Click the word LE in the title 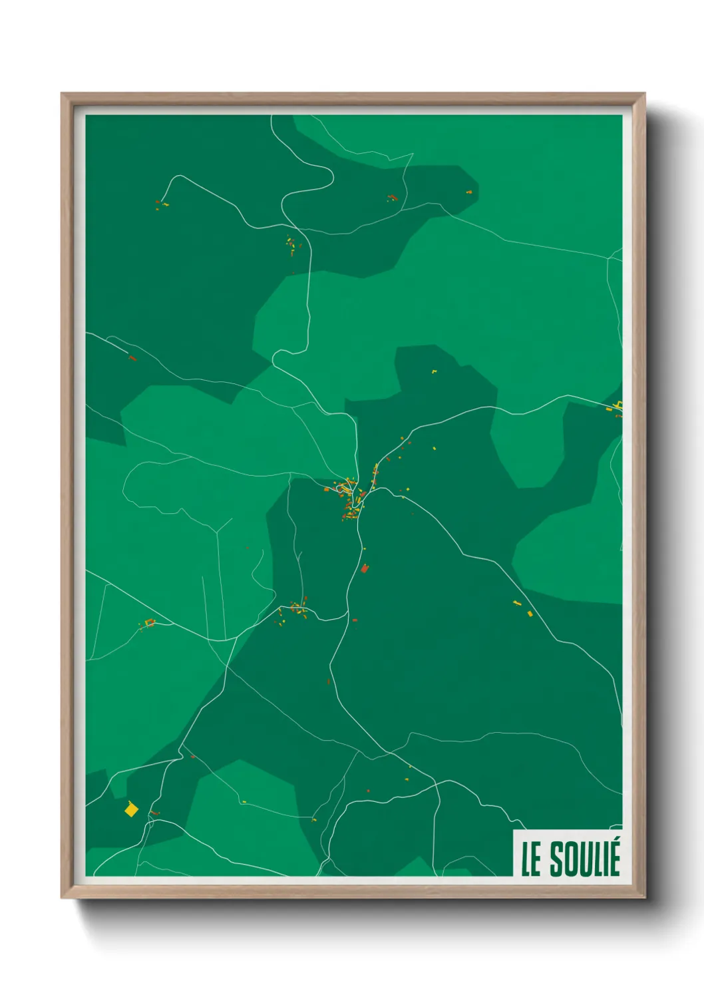pos(531,860)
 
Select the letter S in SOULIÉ pos(557,860)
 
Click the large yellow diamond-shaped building pos(131,809)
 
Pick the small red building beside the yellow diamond pos(155,813)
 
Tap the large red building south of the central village pos(364,568)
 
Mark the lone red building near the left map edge pos(132,358)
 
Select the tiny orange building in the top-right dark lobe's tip pos(468,192)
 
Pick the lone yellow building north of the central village pos(434,371)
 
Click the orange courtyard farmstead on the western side pos(150,623)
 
